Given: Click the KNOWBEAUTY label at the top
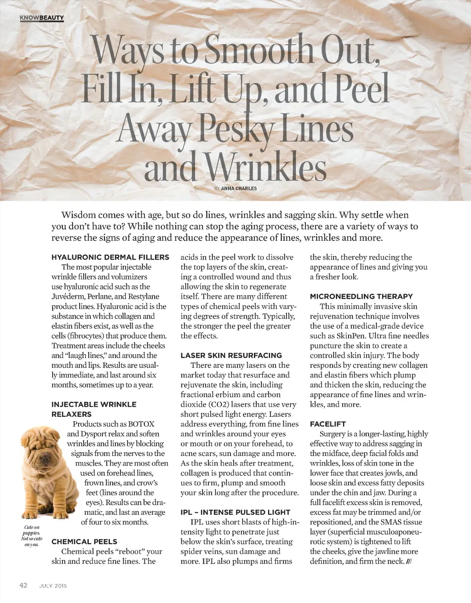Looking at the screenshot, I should (x=41, y=18).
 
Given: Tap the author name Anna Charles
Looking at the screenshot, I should (x=239, y=188).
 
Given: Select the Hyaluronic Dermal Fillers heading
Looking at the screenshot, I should (x=110, y=257).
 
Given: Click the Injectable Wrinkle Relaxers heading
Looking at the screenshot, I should (x=94, y=409).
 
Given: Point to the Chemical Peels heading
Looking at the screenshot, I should (x=84, y=541).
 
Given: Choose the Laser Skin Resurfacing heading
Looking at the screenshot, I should (x=231, y=355).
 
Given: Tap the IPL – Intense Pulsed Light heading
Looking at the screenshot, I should (x=235, y=512).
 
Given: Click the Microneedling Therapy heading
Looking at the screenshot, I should (x=361, y=296).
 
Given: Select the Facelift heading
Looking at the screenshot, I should (x=327, y=424).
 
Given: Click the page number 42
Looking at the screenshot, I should (x=23, y=585).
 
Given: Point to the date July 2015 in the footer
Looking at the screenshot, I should (x=53, y=586).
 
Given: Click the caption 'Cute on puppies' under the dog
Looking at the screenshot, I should (x=32, y=530).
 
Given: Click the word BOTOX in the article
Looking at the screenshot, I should (x=141, y=424).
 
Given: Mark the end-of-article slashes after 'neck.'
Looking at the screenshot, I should (x=409, y=562).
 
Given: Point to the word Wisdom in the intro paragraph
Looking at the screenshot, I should (x=78, y=215).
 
